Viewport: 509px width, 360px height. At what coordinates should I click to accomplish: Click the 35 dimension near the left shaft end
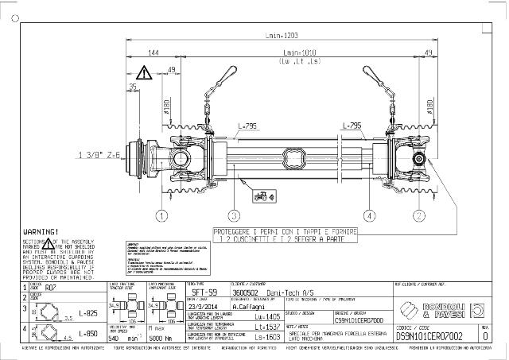[132, 87]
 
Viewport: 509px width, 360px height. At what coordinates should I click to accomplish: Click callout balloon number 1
[161, 215]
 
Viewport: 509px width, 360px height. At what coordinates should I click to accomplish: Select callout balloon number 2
[418, 215]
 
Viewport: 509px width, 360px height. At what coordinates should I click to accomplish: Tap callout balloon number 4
[369, 215]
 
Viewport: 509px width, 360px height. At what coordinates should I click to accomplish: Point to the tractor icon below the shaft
[259, 194]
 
